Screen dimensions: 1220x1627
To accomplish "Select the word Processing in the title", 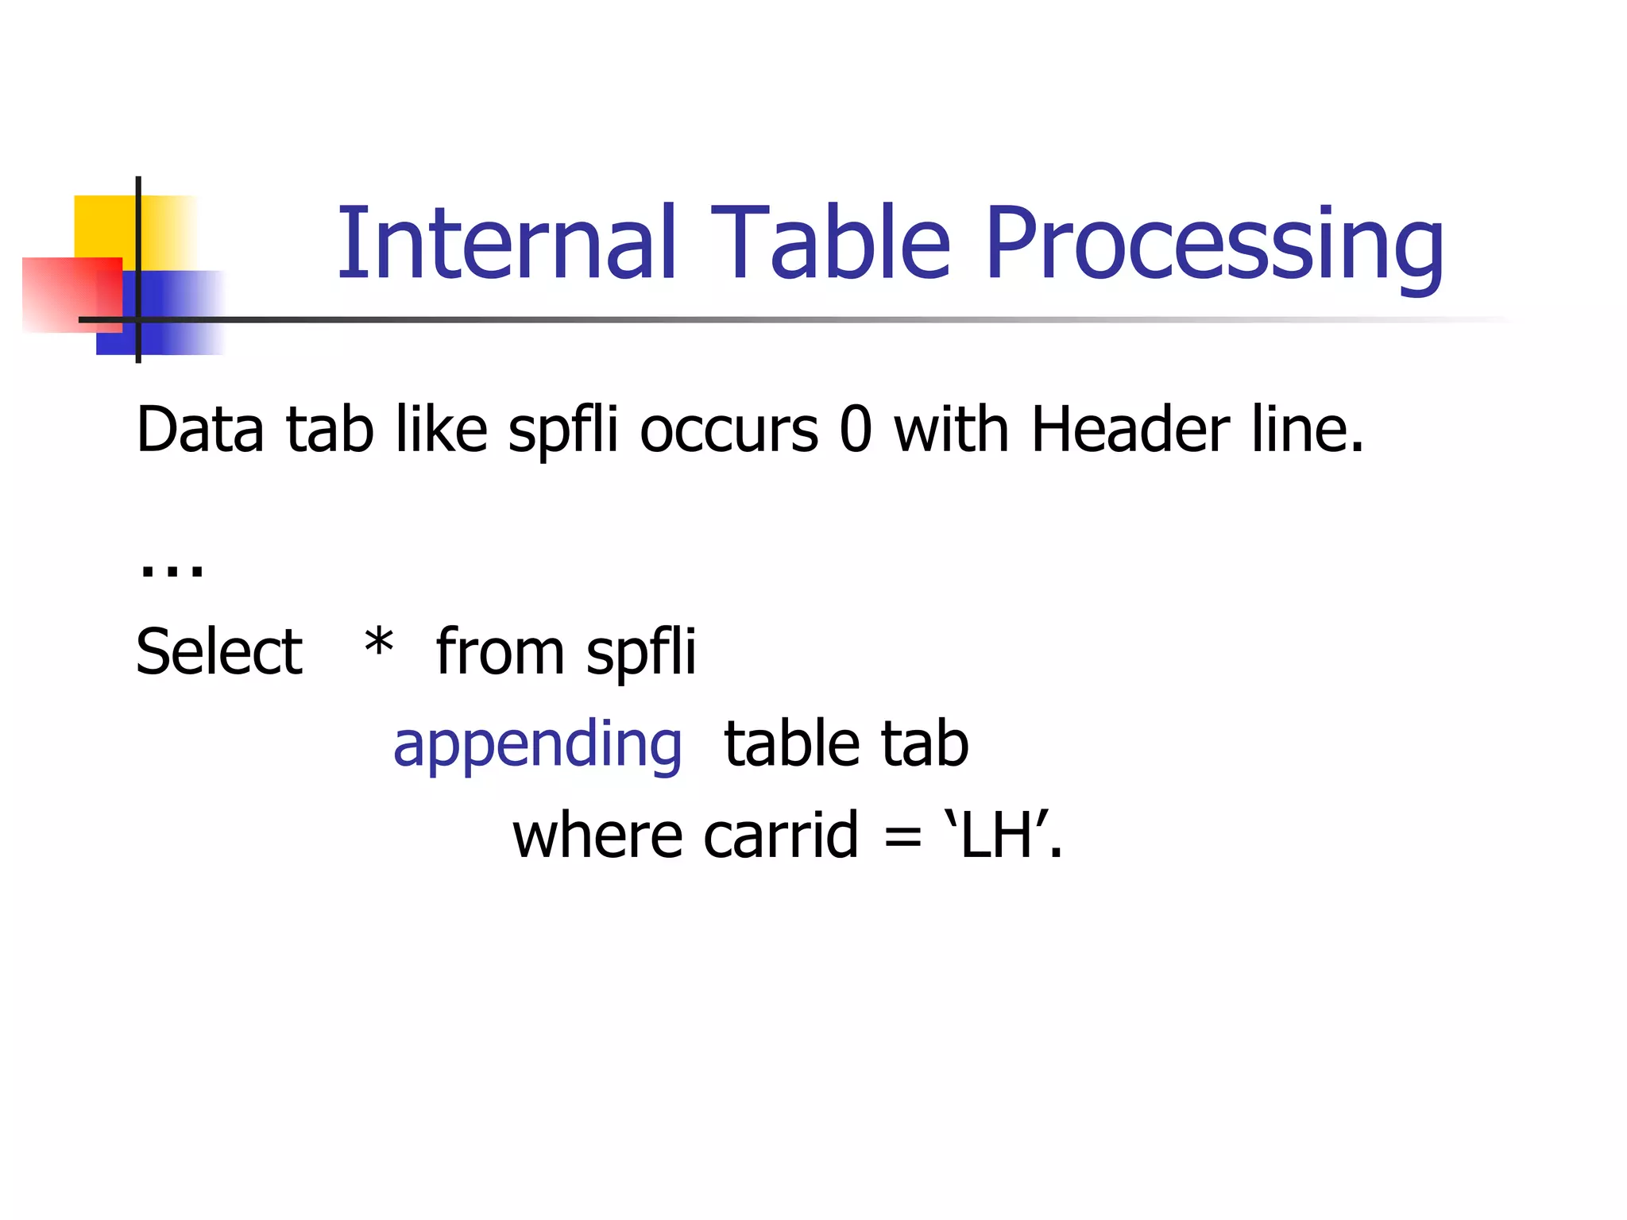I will pos(1215,246).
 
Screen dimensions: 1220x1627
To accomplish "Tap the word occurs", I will pos(728,431).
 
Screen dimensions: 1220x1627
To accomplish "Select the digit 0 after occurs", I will pos(856,430).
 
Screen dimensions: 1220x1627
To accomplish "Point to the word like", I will pos(441,430).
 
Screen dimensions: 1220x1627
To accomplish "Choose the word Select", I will pos(219,652).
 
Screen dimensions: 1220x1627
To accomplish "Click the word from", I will pos(500,652).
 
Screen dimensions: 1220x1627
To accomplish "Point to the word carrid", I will pos(781,836).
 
